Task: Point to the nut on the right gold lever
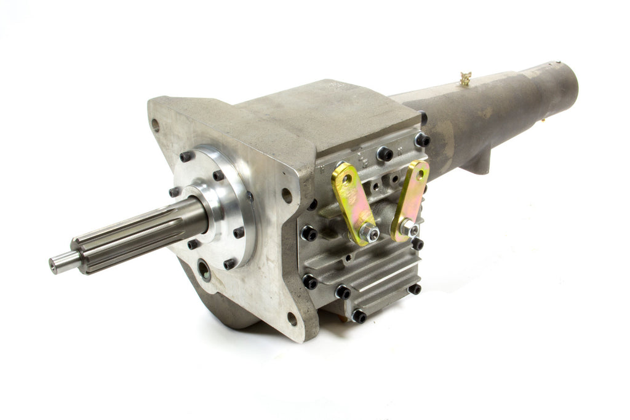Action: [x=409, y=229]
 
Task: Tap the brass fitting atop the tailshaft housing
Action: [x=466, y=78]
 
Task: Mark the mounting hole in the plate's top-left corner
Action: [x=156, y=125]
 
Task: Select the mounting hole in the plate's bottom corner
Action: [x=292, y=319]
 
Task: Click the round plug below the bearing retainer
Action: [x=204, y=268]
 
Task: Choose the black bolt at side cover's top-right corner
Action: [x=422, y=140]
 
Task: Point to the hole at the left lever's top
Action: [x=346, y=178]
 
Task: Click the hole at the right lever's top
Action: [x=420, y=174]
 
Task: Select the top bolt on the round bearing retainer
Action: [x=185, y=157]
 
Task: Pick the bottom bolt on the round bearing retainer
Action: [x=230, y=264]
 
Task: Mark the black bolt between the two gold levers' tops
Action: [x=385, y=153]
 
